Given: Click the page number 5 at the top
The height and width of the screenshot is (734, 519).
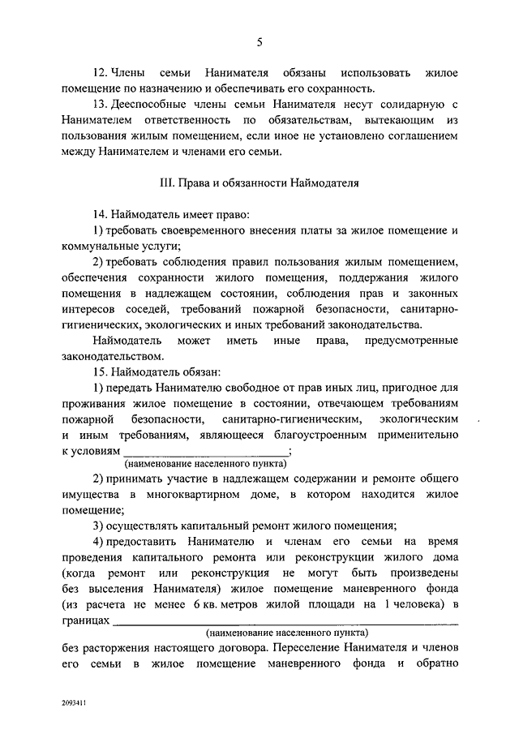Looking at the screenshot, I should [x=259, y=42].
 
